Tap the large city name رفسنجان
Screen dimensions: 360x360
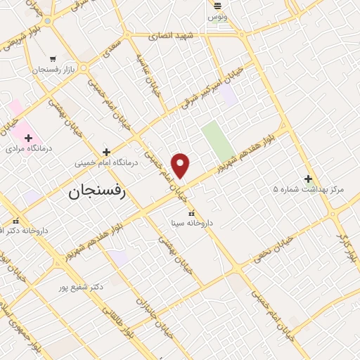[96, 192]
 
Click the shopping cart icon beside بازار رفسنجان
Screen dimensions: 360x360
[53, 59]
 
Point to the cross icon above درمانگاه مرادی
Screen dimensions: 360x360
[28, 138]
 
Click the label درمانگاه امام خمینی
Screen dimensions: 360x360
[107, 162]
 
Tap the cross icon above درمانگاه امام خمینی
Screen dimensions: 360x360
[106, 151]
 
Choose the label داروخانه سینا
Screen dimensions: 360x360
[192, 223]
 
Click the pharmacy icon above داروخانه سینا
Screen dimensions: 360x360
[191, 212]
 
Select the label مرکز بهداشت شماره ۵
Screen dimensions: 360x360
[307, 189]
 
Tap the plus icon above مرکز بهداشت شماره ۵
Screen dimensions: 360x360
[307, 179]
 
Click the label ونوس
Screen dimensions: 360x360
[219, 16]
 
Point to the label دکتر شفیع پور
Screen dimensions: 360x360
[82, 286]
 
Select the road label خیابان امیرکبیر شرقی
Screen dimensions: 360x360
[211, 88]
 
